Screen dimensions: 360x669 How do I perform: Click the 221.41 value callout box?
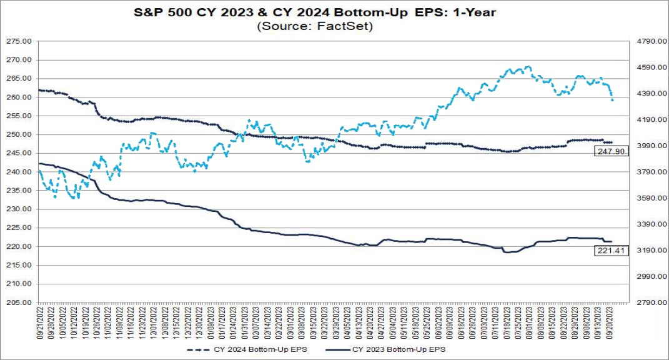(x=605, y=251)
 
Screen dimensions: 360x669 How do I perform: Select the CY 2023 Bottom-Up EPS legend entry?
(x=399, y=349)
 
